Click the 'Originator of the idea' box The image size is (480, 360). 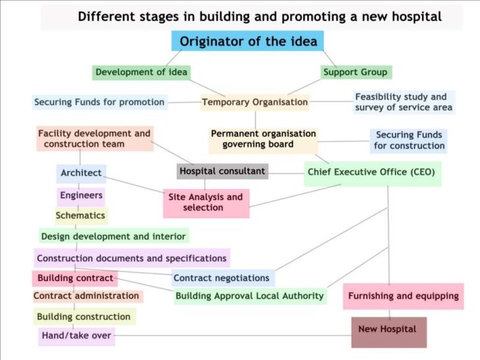(249, 42)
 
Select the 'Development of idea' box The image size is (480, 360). (141, 72)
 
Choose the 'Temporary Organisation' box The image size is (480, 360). (255, 102)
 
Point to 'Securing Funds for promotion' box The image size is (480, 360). (100, 102)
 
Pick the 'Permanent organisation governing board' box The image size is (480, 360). (263, 138)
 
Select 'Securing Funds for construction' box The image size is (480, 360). (409, 140)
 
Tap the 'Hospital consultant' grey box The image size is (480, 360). (222, 171)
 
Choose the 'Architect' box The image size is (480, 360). (81, 173)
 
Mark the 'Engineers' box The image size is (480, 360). (81, 195)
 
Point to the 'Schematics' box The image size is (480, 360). (80, 216)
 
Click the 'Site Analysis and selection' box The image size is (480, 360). (206, 202)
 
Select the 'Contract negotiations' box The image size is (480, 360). (222, 278)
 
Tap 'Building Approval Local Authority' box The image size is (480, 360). (250, 296)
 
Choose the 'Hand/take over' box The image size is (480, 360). (76, 336)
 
